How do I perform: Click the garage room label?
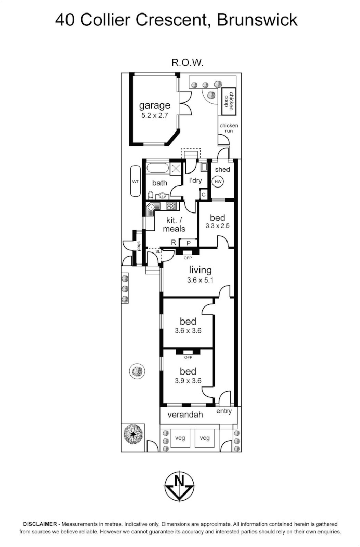tap(154, 105)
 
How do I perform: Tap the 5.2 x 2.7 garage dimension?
tap(154, 116)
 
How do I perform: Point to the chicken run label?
tap(229, 128)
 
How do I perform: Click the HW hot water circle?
tap(218, 182)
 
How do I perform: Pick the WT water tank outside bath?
tap(135, 181)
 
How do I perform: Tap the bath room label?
tap(159, 183)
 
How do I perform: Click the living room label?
tap(200, 270)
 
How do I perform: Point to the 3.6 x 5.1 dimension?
tap(200, 280)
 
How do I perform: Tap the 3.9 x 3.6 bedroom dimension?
tap(188, 381)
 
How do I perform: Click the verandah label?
tap(184, 415)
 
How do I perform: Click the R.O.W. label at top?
tap(187, 62)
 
